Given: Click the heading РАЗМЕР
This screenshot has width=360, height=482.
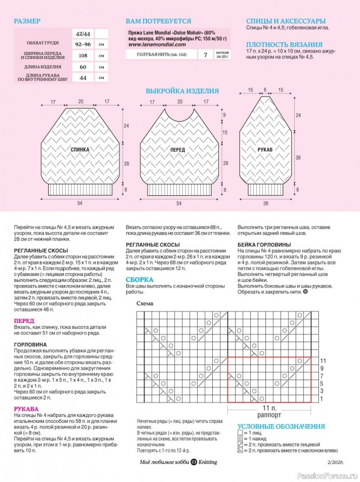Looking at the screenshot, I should click(x=27, y=21).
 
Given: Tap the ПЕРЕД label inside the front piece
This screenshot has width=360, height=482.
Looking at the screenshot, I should click(x=177, y=149).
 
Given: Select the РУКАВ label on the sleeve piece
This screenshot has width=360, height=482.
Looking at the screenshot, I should click(x=266, y=149).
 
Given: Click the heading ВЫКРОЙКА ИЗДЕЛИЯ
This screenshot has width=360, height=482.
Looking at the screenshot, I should click(x=182, y=91).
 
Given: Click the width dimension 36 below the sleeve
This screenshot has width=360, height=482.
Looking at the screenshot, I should click(x=266, y=204).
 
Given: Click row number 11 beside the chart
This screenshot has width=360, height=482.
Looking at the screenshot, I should click(x=323, y=360).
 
